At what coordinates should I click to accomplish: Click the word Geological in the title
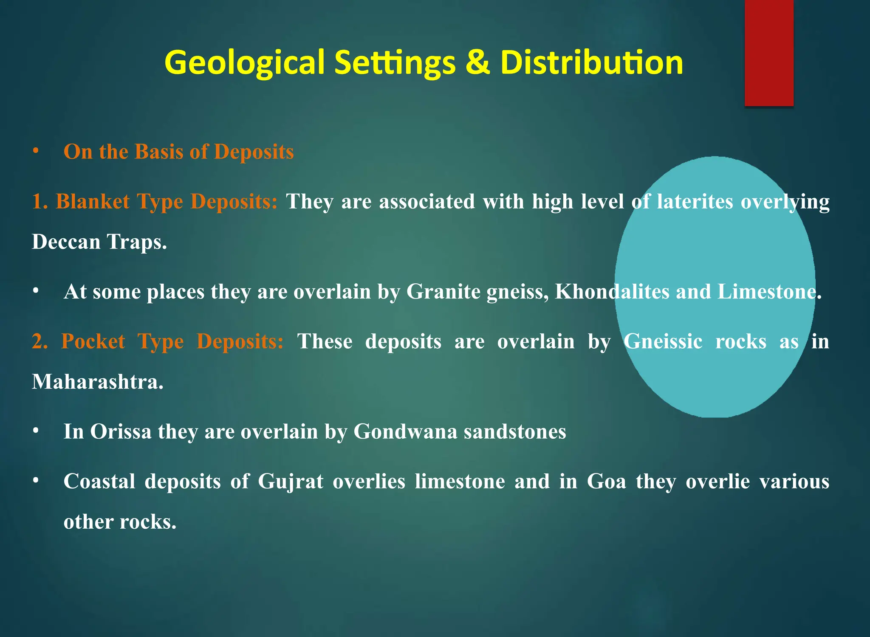coord(244,63)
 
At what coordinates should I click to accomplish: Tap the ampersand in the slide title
coord(478,63)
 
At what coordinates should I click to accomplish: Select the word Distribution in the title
coord(592,63)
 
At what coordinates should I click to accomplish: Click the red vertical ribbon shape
coord(769,53)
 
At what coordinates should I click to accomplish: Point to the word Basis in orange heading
coord(158,152)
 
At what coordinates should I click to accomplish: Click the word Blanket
coord(93,201)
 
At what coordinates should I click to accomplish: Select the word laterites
coord(695,201)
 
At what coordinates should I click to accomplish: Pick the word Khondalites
coord(612,291)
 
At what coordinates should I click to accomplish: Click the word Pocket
coord(93,341)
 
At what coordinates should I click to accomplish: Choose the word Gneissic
coord(663,341)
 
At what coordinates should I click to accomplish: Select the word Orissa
coord(121,431)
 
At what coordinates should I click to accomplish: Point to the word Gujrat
coord(291,482)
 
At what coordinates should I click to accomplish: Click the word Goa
coord(606,482)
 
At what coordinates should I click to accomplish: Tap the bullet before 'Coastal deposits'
coord(36,481)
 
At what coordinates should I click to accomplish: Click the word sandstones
coord(515,431)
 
